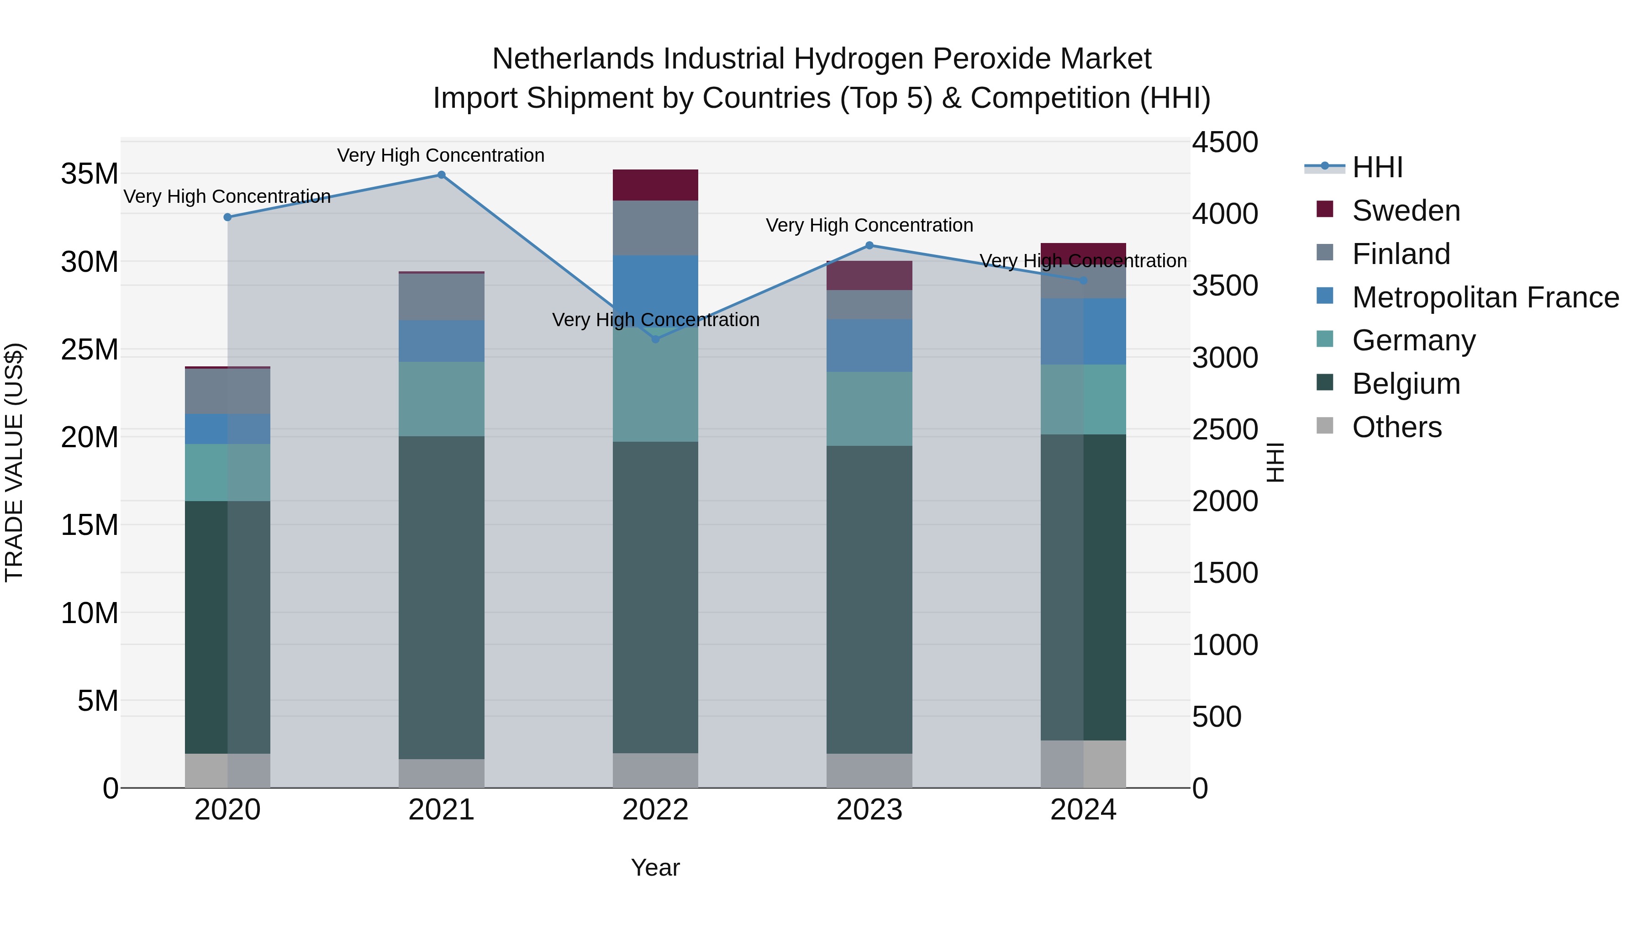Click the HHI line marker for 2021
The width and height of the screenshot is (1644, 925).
coord(441,175)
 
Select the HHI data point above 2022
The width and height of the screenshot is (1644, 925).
coord(655,339)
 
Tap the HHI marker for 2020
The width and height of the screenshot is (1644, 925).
coord(228,217)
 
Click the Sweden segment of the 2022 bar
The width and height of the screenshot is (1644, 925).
coord(655,185)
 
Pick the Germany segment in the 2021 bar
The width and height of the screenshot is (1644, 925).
coord(441,399)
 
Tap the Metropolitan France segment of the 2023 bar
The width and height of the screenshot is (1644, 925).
coord(869,345)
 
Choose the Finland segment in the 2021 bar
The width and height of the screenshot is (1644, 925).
coord(441,297)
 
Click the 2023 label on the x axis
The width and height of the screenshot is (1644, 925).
coord(869,810)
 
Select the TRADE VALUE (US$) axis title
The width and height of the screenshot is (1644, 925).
coord(14,462)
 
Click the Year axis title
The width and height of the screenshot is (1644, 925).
coord(655,867)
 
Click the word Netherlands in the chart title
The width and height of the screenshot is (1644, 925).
coord(573,59)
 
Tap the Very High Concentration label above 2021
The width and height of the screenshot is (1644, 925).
coord(441,155)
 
